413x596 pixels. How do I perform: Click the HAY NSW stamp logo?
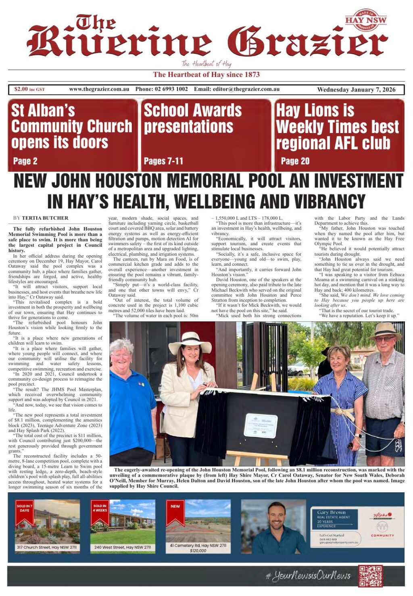[365, 20]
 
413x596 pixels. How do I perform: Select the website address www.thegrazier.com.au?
[99, 89]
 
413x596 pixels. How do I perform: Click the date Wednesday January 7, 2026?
[356, 90]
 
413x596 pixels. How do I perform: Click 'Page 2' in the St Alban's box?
[25, 161]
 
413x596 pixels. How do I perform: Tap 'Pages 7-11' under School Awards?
[163, 161]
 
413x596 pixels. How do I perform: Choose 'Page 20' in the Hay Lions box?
[295, 161]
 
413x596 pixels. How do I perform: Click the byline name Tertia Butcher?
[45, 218]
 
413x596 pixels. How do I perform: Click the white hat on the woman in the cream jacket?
[190, 342]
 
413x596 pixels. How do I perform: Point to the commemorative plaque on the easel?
[261, 425]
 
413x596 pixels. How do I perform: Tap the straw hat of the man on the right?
[385, 330]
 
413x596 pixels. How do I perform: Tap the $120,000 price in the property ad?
[198, 550]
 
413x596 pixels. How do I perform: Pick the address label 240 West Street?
[123, 547]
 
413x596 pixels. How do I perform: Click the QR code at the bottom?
[370, 576]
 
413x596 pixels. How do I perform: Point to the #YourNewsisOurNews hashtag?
[308, 576]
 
